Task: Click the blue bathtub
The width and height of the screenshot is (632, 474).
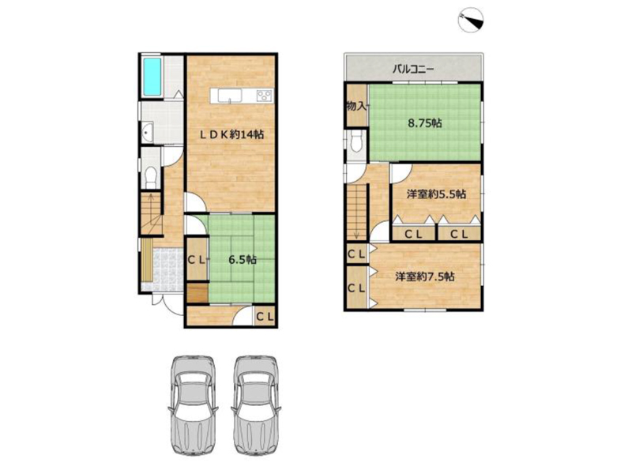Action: point(152,76)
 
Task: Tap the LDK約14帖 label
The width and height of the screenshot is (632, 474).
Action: point(232,134)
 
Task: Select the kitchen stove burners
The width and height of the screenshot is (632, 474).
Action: point(265,96)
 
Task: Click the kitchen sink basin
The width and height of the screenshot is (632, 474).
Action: point(230,96)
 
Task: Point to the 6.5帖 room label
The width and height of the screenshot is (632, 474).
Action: point(243,260)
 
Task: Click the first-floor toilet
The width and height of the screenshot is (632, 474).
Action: point(151,177)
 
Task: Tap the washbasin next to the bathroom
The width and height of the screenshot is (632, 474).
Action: point(147,130)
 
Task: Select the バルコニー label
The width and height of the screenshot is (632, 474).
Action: point(413,69)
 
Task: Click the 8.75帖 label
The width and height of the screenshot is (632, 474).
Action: point(424,123)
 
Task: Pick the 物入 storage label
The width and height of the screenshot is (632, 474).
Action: point(356,107)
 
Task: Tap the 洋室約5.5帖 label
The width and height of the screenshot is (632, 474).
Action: point(436,194)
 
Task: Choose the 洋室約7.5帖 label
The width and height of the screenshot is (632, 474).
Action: point(425,276)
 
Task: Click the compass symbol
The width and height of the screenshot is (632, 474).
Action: point(471,21)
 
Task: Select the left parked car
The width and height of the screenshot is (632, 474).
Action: point(192,405)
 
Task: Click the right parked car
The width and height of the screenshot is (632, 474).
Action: point(256,405)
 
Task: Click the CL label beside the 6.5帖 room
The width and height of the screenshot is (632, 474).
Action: point(197,260)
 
